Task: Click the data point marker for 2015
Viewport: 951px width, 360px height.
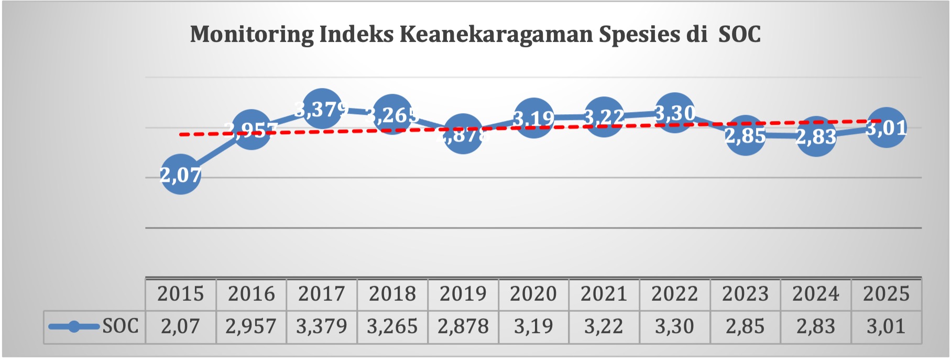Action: [180, 174]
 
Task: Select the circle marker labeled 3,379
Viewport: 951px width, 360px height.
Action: [322, 109]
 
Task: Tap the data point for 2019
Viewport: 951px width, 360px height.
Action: [463, 134]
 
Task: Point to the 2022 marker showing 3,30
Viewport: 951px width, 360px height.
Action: [674, 113]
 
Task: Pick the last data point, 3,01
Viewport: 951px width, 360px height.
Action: [886, 127]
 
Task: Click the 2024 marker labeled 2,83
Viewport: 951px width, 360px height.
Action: [816, 137]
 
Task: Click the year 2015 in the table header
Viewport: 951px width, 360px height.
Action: [180, 294]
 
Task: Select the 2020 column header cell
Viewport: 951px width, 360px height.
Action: [533, 294]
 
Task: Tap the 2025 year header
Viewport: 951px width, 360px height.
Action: [886, 294]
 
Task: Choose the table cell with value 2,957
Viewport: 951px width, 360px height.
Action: [251, 326]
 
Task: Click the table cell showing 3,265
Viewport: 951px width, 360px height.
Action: [392, 326]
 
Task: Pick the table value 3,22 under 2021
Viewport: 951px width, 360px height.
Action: [604, 326]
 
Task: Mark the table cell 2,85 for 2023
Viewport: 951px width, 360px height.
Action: [745, 326]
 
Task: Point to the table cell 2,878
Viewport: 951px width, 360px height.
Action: [463, 326]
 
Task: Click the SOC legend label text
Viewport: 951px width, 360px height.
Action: [120, 326]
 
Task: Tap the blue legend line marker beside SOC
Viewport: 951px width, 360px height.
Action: [74, 326]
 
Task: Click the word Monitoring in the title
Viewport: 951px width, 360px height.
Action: [251, 35]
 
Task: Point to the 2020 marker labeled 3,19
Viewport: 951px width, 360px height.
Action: [533, 118]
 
